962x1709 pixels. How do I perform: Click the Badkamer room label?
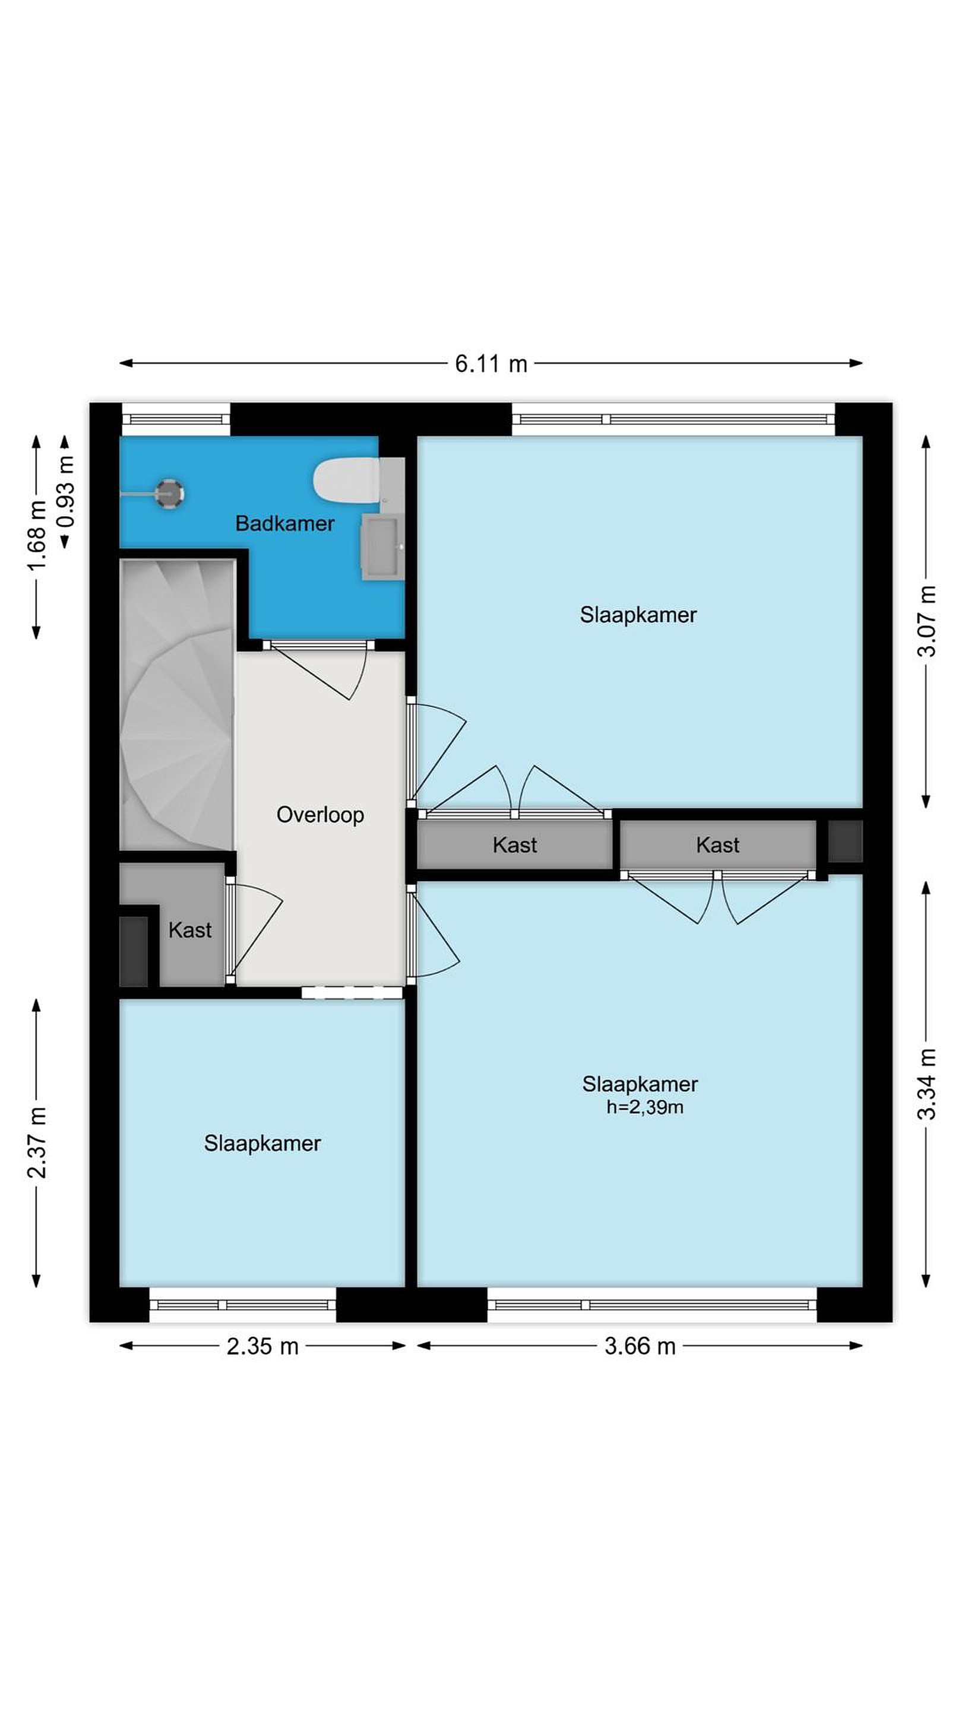point(285,523)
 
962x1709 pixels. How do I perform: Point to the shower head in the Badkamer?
point(169,493)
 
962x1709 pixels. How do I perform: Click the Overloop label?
point(320,815)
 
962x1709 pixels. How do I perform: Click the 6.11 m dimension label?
point(491,364)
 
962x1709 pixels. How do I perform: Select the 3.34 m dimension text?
point(926,1084)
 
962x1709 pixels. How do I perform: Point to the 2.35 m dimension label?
point(262,1346)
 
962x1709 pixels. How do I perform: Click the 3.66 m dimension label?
point(640,1346)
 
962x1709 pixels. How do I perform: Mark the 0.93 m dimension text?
point(65,491)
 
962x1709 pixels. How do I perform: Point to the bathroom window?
point(176,420)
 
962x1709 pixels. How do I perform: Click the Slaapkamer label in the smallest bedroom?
point(262,1143)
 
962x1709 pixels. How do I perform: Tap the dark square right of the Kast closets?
point(845,841)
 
